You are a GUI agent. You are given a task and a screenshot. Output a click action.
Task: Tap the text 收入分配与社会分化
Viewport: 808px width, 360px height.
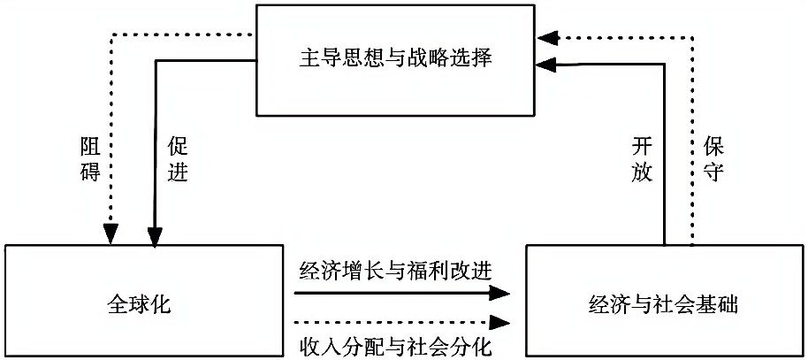(393, 341)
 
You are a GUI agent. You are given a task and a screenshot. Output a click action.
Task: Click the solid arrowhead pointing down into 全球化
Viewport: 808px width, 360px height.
(155, 233)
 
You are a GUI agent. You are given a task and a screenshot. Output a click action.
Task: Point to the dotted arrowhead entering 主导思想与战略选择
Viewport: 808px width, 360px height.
(549, 37)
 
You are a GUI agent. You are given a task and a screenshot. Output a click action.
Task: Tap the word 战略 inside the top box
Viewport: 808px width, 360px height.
(440, 59)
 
